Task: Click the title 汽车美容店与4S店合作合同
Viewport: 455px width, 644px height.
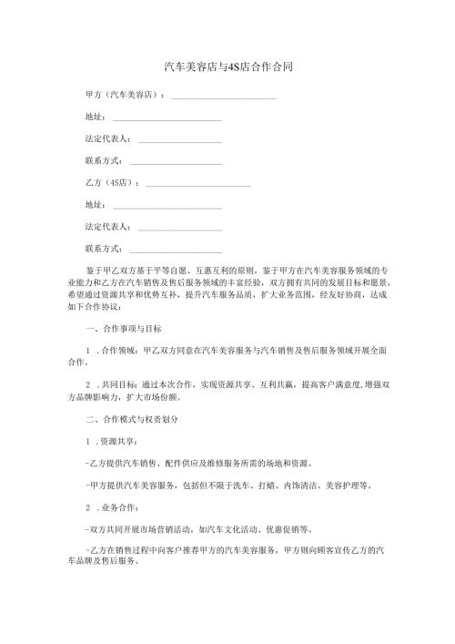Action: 227,67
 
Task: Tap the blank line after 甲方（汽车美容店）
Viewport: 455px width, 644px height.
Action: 224,96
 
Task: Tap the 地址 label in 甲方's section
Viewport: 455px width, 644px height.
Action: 93,117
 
